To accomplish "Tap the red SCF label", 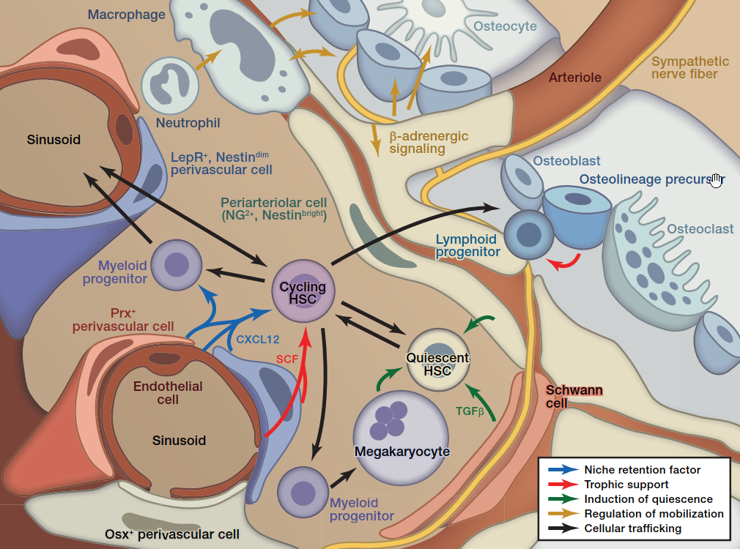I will click(288, 359).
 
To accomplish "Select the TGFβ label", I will click(470, 411).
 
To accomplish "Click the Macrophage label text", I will click(126, 15).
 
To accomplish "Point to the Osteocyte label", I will click(505, 26).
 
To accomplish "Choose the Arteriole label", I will click(574, 78).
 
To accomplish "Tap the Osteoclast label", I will click(700, 229).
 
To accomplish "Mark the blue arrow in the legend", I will click(560, 470).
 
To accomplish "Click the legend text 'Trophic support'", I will click(626, 485).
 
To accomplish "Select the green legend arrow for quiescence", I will click(560, 499).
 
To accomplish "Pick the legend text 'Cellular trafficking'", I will click(632, 529).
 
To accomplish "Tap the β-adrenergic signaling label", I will click(429, 143).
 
